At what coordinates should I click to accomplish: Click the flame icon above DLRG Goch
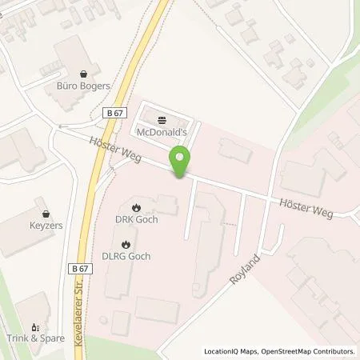126,243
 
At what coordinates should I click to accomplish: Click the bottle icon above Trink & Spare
35,326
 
